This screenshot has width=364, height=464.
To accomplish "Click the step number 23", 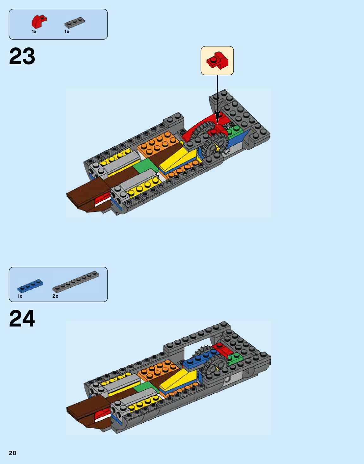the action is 22,57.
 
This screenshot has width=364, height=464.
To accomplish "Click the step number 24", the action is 22,319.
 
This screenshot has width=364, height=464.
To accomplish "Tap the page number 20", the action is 12,453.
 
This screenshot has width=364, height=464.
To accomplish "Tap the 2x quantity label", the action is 55,296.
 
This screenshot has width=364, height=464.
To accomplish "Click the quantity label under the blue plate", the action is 20,296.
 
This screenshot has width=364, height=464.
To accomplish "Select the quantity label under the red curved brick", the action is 34,32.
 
